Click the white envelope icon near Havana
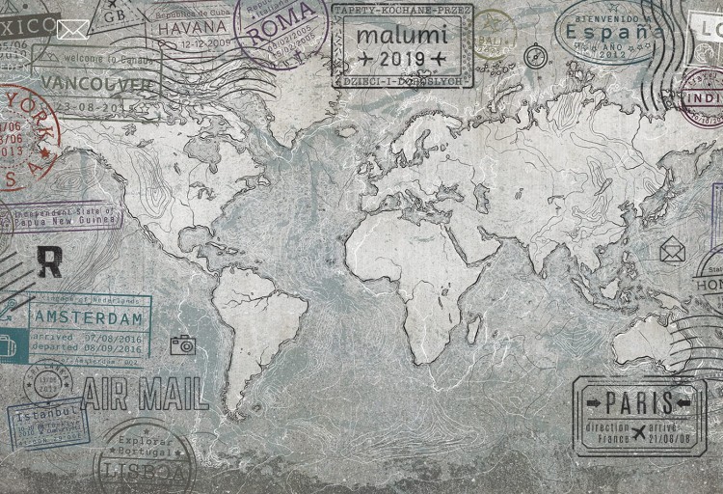pos(72,29)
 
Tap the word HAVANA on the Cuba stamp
pos(188,28)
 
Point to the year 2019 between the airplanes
pos(402,60)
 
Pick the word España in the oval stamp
pos(614,32)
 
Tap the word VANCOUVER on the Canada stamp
pos(98,83)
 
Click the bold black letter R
pos(48,261)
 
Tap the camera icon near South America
pos(183,344)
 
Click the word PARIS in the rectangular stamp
pos(640,401)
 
